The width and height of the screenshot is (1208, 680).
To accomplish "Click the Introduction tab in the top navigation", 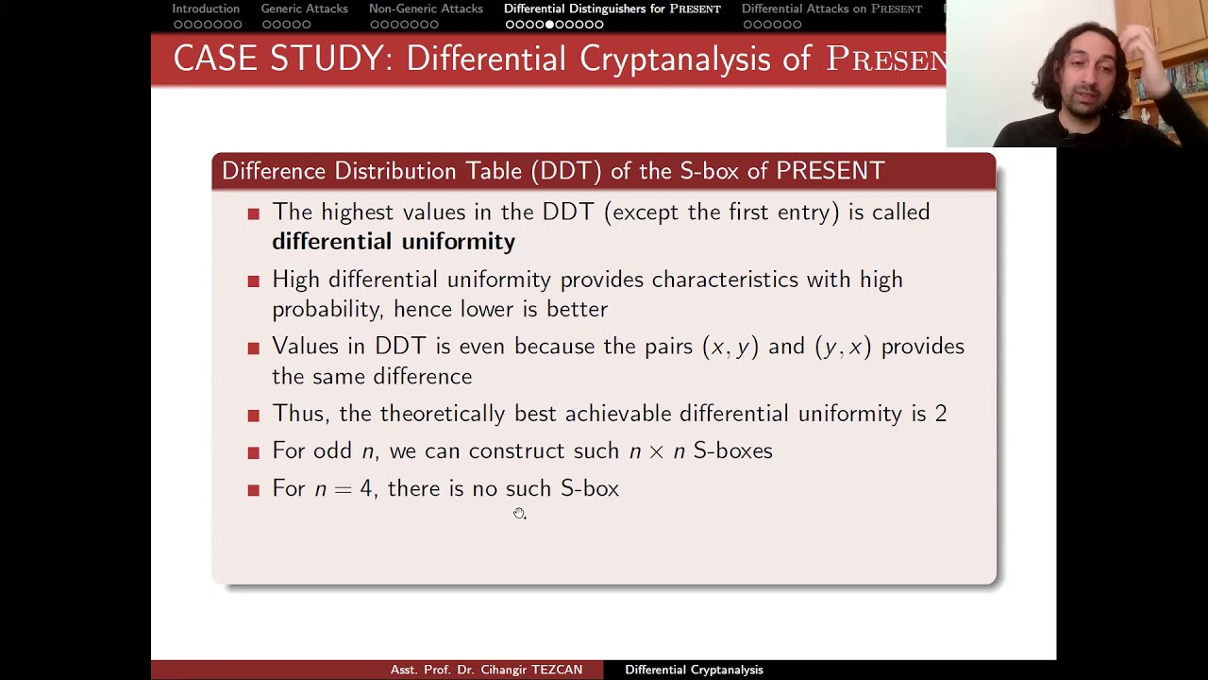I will (x=206, y=8).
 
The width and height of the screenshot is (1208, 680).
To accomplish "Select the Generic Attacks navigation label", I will (x=304, y=8).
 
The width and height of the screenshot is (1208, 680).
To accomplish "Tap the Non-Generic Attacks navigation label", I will (x=426, y=8).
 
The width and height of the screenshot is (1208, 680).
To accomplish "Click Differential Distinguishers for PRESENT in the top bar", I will (x=612, y=8).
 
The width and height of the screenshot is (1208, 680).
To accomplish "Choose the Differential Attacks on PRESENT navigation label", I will (x=831, y=8).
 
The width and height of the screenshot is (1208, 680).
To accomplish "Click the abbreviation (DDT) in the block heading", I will (x=565, y=171).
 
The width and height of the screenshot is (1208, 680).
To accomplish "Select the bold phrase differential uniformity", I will (x=394, y=242).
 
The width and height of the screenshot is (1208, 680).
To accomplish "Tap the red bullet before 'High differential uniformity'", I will (x=253, y=281).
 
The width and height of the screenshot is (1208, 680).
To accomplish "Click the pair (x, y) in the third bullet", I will (x=730, y=347).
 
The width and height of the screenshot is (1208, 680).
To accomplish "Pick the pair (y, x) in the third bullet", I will (x=843, y=347).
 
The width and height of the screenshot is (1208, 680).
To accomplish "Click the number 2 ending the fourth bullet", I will (x=940, y=414).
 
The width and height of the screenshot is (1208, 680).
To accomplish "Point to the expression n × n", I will (x=657, y=451).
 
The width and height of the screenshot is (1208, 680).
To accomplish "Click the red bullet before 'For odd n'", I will (x=253, y=453).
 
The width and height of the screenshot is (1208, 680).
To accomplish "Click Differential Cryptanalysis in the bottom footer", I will (x=694, y=670).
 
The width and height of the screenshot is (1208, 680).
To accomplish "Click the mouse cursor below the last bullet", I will (x=519, y=513).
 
